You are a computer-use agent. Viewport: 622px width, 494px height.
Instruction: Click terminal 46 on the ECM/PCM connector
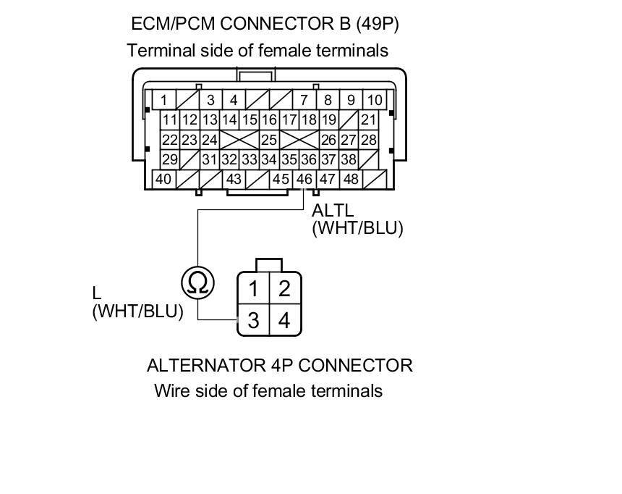[x=304, y=179]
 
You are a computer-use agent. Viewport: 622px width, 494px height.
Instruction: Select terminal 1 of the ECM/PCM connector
[x=164, y=100]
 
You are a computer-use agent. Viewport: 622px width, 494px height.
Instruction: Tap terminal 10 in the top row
[x=375, y=100]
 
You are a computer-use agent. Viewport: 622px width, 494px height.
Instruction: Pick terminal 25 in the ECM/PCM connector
[x=269, y=140]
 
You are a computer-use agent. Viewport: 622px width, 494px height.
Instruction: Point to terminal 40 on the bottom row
[x=163, y=179]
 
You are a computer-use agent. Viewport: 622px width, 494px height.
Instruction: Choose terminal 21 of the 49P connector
[x=369, y=120]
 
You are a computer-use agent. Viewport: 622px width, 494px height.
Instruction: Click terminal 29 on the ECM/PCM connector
[x=169, y=159]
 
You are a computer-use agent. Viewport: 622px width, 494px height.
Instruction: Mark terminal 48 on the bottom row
[x=351, y=179]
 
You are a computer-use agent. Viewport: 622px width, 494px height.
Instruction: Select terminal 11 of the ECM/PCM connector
[x=169, y=120]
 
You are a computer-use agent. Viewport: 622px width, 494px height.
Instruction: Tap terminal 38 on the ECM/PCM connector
[x=349, y=159]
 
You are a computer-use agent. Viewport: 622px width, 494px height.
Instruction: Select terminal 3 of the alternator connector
[x=253, y=320]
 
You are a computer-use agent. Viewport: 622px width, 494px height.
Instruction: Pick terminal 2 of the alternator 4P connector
[x=284, y=289]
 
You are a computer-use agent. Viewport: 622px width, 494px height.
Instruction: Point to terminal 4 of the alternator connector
[x=284, y=320]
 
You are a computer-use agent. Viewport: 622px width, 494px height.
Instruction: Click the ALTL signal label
[x=333, y=211]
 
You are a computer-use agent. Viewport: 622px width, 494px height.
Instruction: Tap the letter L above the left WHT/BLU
[x=97, y=293]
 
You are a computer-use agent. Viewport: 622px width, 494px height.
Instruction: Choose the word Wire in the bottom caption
[x=171, y=391]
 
